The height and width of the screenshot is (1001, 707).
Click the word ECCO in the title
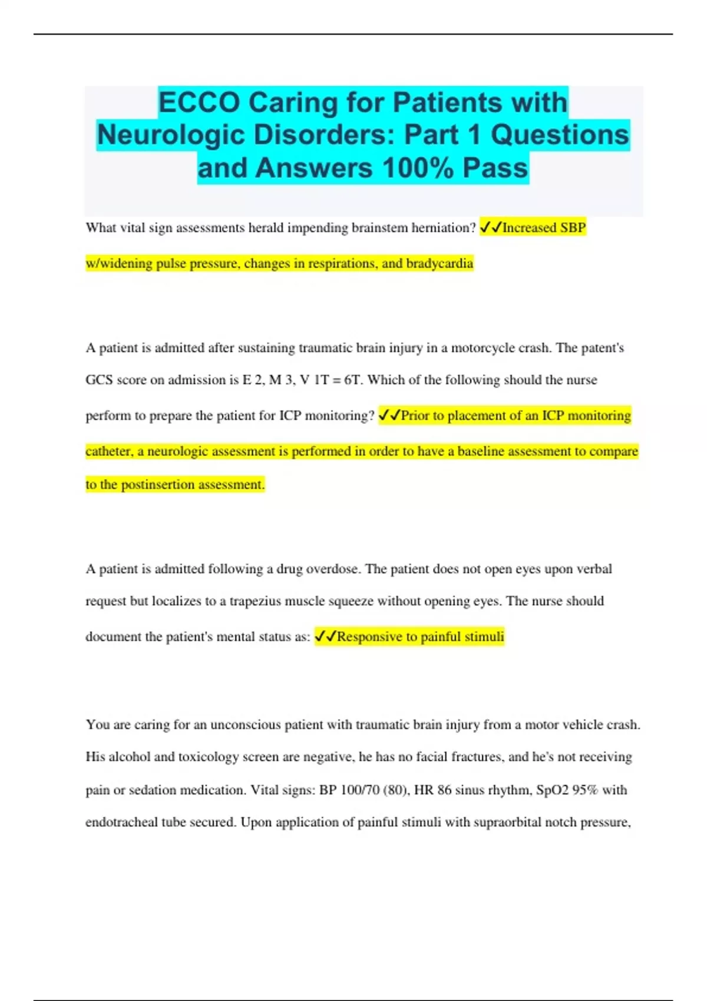coord(199,102)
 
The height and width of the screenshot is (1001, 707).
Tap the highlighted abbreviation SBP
coord(573,228)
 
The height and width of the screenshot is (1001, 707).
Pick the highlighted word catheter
coord(108,452)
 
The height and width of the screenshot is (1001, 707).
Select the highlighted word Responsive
coord(369,637)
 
